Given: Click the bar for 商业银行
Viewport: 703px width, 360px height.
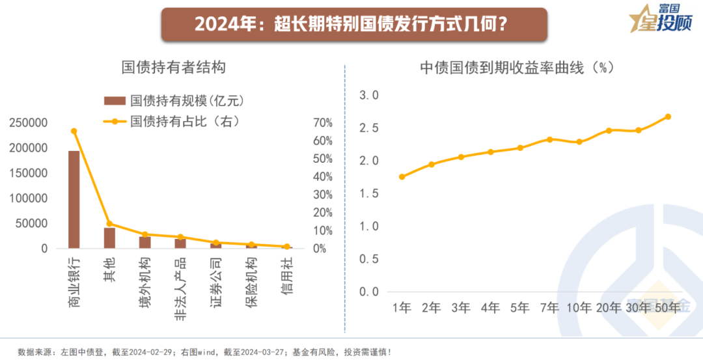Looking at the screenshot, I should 74,199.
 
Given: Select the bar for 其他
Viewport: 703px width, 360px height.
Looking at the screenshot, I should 109,238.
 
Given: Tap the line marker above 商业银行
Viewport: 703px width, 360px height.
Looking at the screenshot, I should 74,131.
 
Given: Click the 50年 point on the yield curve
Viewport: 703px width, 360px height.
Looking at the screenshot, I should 668,117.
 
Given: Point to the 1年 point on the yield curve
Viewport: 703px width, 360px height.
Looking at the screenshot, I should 402,176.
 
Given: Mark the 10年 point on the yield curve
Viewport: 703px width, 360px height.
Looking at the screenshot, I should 579,141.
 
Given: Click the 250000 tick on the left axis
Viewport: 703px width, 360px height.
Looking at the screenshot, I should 28,123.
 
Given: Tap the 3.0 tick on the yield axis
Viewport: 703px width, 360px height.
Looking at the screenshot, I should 369,95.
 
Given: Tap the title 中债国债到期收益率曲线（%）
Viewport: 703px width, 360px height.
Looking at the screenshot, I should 517,67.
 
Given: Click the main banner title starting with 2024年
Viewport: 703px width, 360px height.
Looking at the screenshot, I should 351,24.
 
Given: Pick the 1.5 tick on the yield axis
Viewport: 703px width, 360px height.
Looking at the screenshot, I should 369,193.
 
